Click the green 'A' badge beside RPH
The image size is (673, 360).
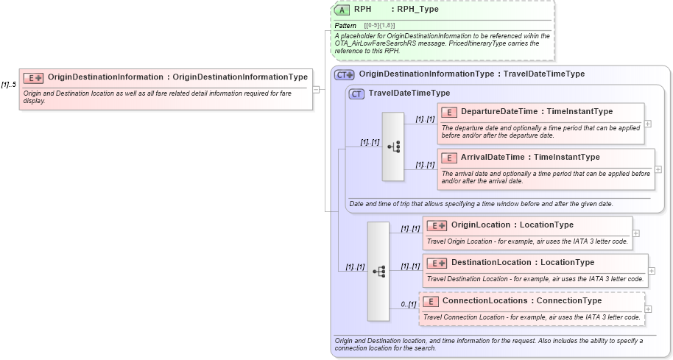342,10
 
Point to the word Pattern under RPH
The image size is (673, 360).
345,26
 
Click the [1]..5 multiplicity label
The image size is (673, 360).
9,85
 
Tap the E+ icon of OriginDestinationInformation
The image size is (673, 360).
34,77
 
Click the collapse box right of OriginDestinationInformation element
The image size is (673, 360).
317,89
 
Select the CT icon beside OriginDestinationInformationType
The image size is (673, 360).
344,74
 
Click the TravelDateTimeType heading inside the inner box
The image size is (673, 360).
409,93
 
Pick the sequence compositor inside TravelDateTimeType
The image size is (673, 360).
393,147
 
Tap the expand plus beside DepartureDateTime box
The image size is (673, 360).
648,124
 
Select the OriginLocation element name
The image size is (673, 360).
481,225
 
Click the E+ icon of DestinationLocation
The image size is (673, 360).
437,263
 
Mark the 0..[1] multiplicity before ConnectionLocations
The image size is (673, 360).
409,304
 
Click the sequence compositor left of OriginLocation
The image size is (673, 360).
378,271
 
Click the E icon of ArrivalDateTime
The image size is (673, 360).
448,158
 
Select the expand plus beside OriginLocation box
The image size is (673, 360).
635,233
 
